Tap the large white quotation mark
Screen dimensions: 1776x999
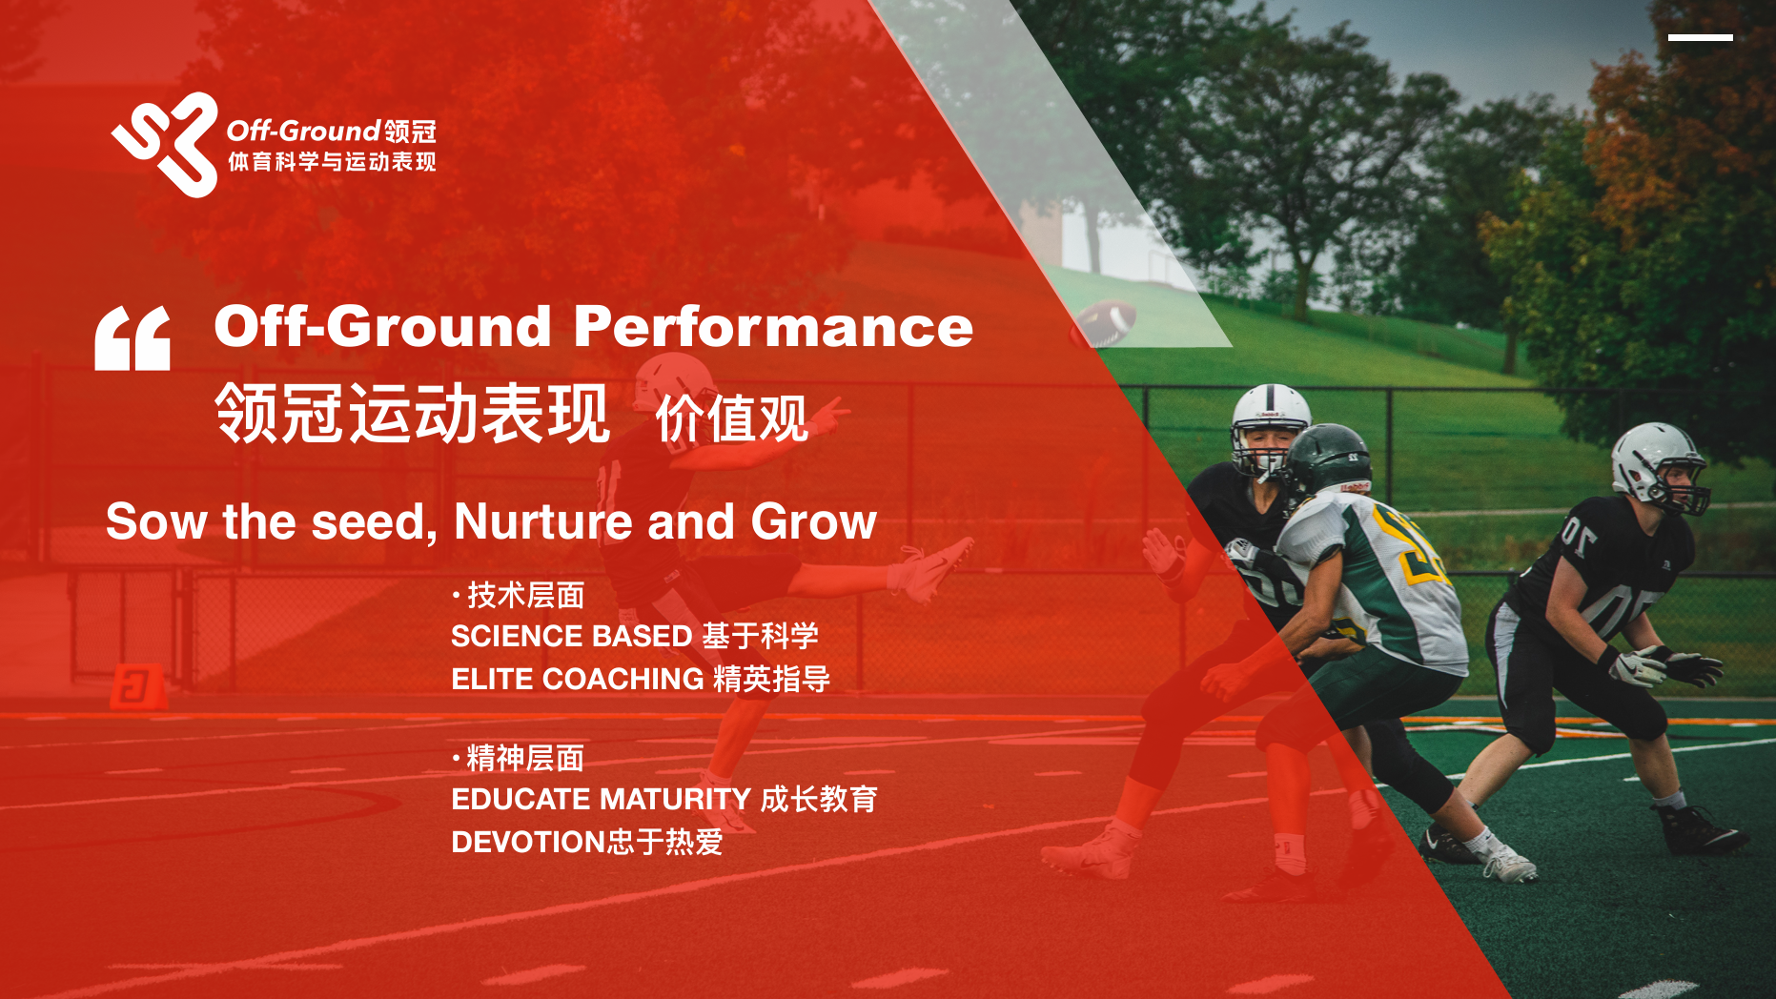pyautogui.click(x=133, y=338)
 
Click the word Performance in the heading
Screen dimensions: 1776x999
pyautogui.click(x=773, y=327)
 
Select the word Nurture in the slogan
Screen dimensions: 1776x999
pyautogui.click(x=542, y=521)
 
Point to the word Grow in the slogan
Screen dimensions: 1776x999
pyautogui.click(x=813, y=521)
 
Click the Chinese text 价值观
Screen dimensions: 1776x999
pyautogui.click(x=732, y=418)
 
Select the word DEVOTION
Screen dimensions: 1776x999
pyautogui.click(x=529, y=842)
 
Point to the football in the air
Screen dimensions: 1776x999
pyautogui.click(x=1104, y=322)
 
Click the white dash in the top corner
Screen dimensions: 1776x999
pyautogui.click(x=1700, y=38)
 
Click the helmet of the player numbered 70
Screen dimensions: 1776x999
pyautogui.click(x=1659, y=468)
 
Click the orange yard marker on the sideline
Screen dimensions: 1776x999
pyautogui.click(x=137, y=685)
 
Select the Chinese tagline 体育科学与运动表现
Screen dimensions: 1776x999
pyautogui.click(x=332, y=162)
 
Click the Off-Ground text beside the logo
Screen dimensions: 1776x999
pyautogui.click(x=303, y=131)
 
